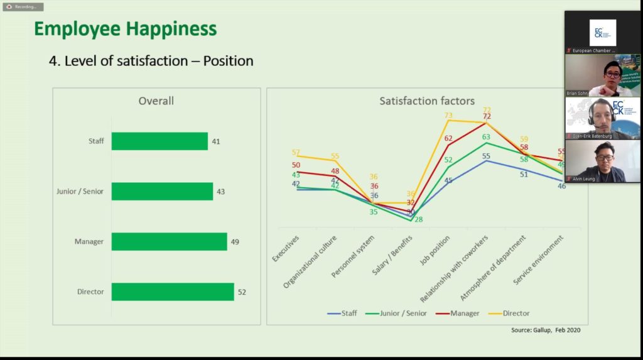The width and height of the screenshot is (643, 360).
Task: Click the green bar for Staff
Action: coord(159,141)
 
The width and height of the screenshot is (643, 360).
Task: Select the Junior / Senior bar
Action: coord(162,191)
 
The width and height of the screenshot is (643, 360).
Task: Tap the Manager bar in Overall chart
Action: coord(169,241)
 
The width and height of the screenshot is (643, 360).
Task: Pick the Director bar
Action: coord(173,292)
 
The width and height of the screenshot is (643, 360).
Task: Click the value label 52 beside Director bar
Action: coord(242,292)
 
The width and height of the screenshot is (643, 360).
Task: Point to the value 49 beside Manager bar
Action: coord(235,241)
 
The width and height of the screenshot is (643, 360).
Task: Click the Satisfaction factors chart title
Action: coord(427,101)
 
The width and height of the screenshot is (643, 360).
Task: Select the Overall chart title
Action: coord(156,101)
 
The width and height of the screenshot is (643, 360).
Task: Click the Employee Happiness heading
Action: coord(125,29)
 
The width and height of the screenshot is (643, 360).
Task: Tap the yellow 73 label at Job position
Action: coord(448,115)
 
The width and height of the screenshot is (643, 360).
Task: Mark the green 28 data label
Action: coord(418,219)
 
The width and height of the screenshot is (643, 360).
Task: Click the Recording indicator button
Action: coord(23,6)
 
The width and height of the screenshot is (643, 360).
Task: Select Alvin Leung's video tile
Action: coord(602,161)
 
